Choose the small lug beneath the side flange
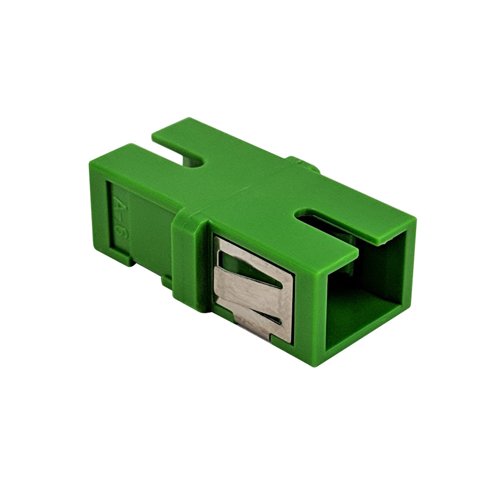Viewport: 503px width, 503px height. [166, 282]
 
